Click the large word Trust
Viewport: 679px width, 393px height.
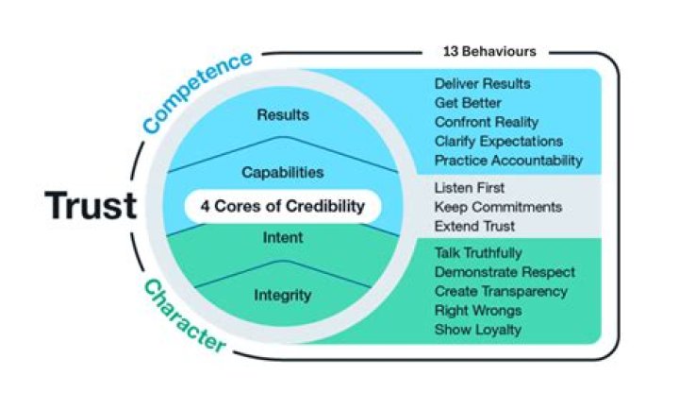92,205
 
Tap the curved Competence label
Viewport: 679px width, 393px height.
198,91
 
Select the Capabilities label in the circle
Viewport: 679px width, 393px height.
283,173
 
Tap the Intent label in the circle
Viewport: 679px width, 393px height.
282,237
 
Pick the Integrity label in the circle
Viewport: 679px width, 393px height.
282,296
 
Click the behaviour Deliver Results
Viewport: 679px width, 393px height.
482,83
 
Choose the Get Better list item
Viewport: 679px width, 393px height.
468,102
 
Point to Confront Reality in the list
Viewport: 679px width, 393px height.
487,122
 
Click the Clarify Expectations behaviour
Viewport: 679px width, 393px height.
498,141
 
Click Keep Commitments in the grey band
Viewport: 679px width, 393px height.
498,206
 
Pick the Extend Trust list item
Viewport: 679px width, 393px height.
475,225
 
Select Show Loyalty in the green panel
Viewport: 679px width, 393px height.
477,329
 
